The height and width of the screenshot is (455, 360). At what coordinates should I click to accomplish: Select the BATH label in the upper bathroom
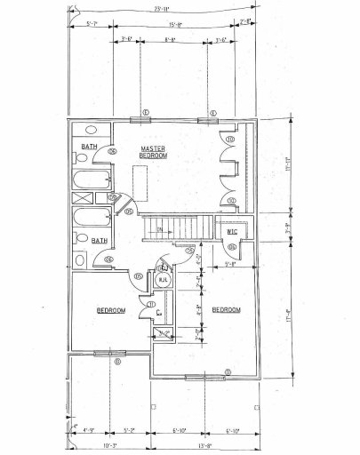(89, 147)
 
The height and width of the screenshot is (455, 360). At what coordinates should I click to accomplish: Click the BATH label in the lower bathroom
(99, 240)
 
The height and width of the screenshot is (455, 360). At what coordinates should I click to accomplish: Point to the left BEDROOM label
(111, 309)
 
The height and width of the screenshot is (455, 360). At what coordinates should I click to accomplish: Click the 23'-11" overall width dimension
(162, 8)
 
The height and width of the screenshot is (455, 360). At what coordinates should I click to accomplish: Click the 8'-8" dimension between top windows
(170, 40)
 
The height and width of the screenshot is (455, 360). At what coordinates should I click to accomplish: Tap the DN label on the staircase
(159, 231)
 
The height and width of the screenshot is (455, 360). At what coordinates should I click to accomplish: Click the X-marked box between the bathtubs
(75, 196)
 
